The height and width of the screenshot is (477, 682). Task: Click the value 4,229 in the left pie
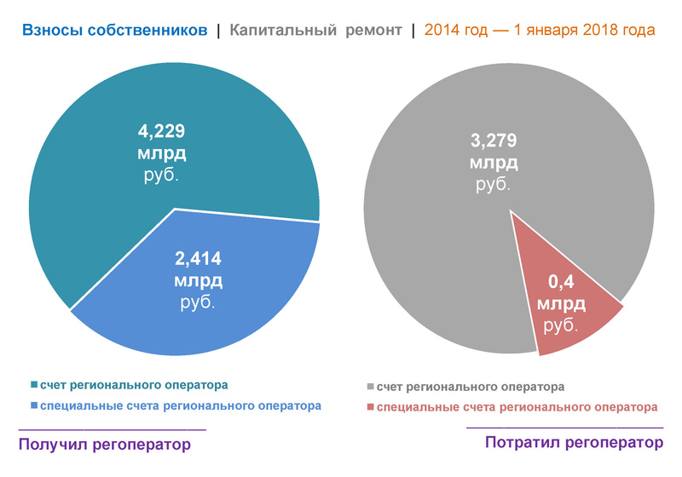pyautogui.click(x=174, y=131)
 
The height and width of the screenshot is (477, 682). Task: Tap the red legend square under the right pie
pyautogui.click(x=369, y=408)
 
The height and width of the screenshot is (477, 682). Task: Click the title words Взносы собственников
pyautogui.click(x=115, y=31)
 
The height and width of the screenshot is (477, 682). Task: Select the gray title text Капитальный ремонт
pyautogui.click(x=315, y=31)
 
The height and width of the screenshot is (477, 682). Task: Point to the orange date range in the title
pyautogui.click(x=540, y=31)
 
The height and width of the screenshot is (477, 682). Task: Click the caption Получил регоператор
pyautogui.click(x=103, y=445)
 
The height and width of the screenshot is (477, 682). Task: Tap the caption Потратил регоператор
pyautogui.click(x=573, y=443)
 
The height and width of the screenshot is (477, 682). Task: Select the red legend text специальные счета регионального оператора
pyautogui.click(x=517, y=408)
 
